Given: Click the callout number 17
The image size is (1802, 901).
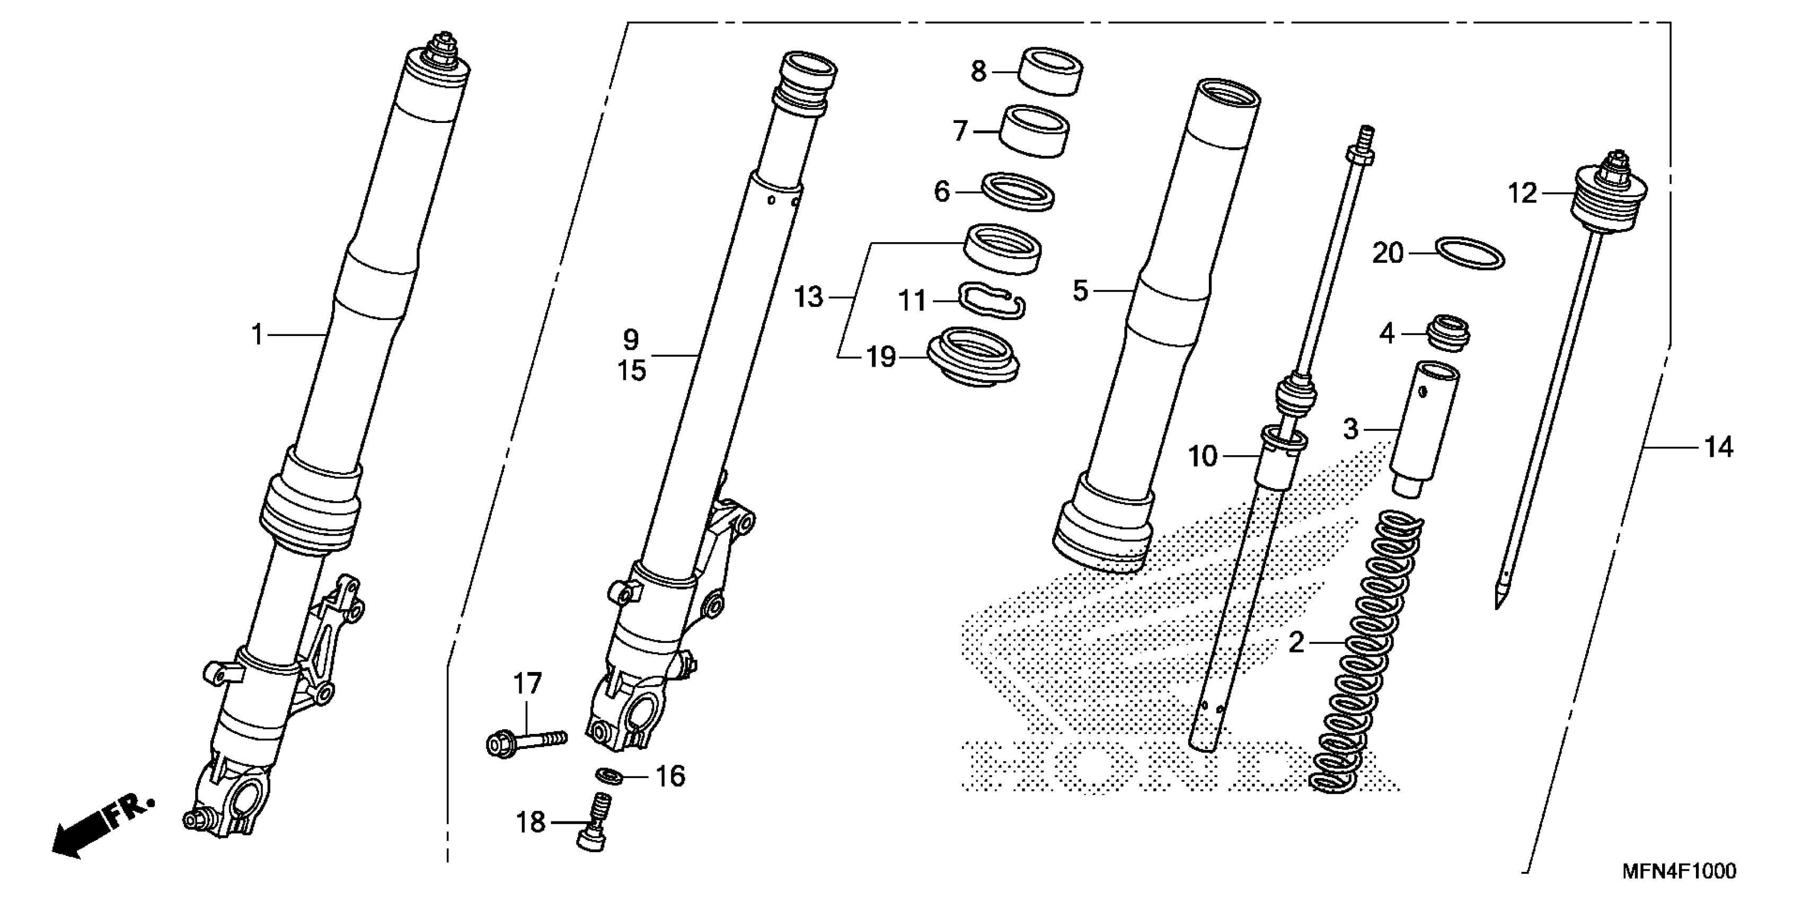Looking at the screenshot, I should [527, 684].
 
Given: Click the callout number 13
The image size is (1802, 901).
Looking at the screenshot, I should [809, 297].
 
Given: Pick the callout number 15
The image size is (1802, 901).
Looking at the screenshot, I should [632, 371].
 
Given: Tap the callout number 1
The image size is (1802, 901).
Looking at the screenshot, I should [258, 335].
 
